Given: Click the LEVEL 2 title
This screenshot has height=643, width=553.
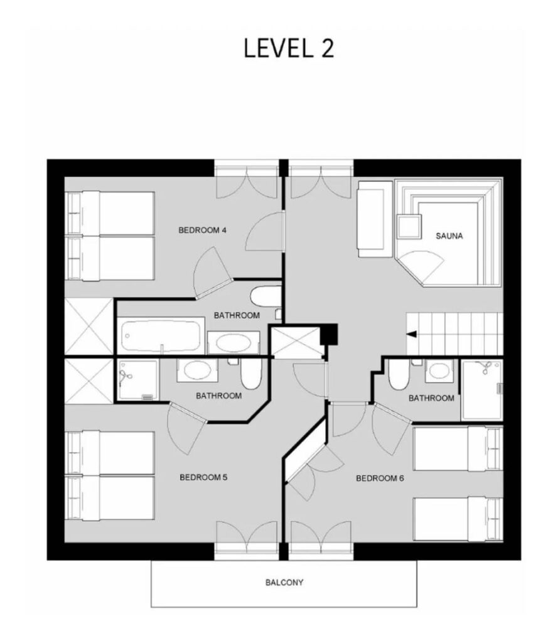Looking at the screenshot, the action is click(289, 48).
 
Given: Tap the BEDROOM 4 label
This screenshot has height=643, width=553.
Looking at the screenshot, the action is click(203, 230).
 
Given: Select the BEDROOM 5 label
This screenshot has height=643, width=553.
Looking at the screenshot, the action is click(203, 477).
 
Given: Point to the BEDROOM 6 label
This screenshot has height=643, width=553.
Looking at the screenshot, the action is click(380, 478).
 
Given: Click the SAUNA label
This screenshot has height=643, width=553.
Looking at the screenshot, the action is click(449, 236).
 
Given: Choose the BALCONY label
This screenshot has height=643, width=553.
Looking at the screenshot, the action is click(284, 582).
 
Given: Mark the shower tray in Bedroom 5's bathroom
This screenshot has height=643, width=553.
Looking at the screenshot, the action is click(137, 380).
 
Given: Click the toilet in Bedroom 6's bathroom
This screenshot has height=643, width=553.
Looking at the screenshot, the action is click(397, 374).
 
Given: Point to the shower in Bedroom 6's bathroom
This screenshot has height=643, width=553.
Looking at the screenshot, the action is click(482, 390).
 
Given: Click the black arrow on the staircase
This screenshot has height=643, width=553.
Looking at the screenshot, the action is click(412, 334).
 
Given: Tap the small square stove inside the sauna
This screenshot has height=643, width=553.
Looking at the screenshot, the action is click(409, 226).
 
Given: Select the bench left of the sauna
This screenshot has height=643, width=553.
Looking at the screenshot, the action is click(375, 219).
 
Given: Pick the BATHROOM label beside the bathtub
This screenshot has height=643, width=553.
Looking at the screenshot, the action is click(237, 315).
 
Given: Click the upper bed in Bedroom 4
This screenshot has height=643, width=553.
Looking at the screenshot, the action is click(110, 213).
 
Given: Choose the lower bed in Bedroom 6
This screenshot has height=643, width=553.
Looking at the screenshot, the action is click(458, 519).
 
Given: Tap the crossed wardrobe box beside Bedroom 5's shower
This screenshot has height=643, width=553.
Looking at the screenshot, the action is click(89, 381).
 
